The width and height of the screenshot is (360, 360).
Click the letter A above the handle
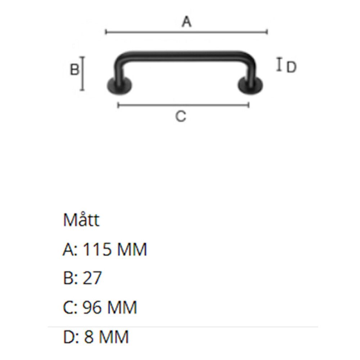[186, 22]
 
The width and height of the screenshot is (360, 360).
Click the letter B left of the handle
[74, 69]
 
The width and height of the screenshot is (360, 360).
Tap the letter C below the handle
[181, 116]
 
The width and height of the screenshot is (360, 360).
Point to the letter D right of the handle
[291, 67]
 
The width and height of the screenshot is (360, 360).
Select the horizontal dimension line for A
[186, 32]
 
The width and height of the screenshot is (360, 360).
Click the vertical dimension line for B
[83, 73]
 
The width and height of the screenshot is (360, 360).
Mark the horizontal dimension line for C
[183, 105]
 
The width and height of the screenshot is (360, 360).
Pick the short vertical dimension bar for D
[279, 64]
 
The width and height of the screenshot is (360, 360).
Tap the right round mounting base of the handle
[251, 86]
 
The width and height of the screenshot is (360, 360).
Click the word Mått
[81, 220]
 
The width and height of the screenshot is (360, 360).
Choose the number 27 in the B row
[92, 279]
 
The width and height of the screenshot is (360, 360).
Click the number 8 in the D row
[89, 337]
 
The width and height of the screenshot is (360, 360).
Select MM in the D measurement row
[113, 337]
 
